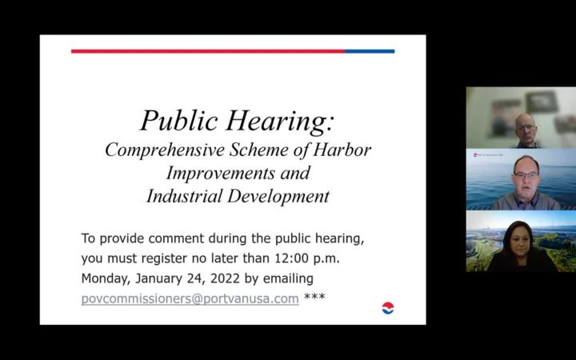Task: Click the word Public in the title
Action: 179,120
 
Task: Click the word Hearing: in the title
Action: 279,122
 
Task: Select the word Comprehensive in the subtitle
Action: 165,150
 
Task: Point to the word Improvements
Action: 220,173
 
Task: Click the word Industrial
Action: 185,196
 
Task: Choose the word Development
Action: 278,197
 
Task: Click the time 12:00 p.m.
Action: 307,258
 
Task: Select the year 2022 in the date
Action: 225,278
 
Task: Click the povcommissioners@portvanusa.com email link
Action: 190,299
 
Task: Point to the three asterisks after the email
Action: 314,296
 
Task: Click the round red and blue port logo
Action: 388,308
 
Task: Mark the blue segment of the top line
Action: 370,51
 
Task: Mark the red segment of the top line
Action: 208,51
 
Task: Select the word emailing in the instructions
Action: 288,279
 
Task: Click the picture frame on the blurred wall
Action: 542,102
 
